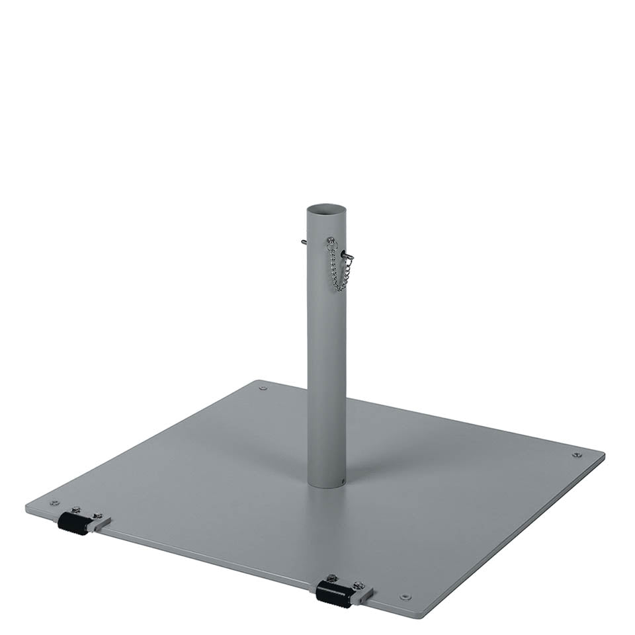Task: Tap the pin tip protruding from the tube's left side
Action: point(303,242)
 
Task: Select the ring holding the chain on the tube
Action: point(331,241)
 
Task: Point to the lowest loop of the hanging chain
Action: point(339,288)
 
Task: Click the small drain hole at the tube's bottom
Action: point(342,482)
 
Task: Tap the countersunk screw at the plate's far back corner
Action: point(263,388)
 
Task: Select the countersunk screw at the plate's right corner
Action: point(577,455)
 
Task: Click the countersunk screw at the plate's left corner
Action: point(54,503)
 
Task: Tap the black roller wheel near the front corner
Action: point(333,593)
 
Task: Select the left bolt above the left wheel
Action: point(76,509)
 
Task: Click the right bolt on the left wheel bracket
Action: point(97,516)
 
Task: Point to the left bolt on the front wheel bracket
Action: point(333,578)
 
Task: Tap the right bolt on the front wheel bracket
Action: point(358,585)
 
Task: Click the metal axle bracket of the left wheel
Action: point(100,525)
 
